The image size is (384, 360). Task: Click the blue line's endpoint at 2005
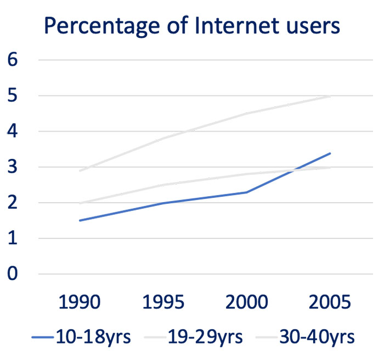pyautogui.click(x=331, y=153)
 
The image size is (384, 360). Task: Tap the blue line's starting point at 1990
pyautogui.click(x=80, y=220)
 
